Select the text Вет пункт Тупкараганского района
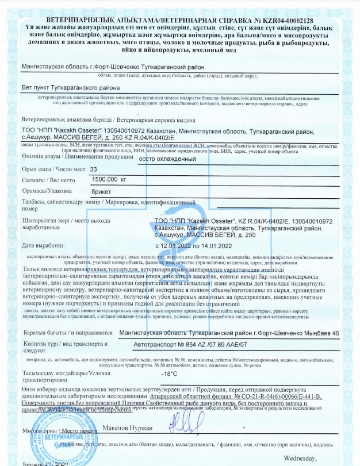coord(70,88)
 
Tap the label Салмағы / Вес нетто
coord(47,180)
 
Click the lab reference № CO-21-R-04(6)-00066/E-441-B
coord(279,397)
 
